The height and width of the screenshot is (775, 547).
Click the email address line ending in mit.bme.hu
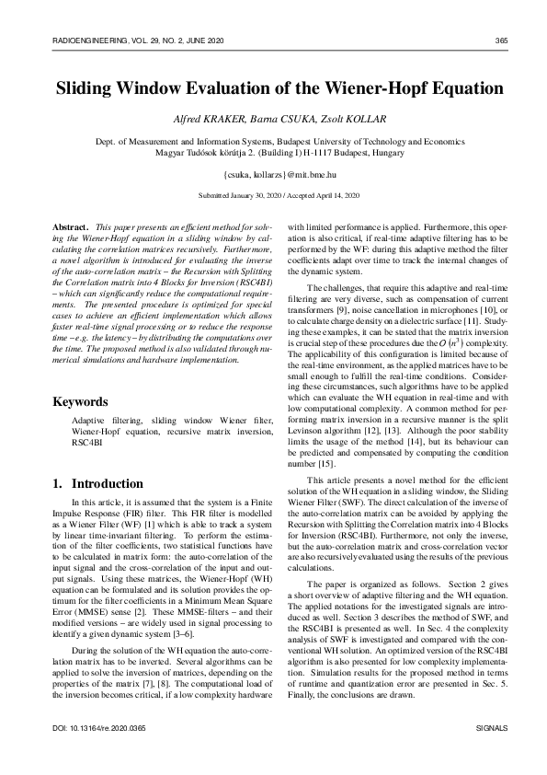coord(273,173)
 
